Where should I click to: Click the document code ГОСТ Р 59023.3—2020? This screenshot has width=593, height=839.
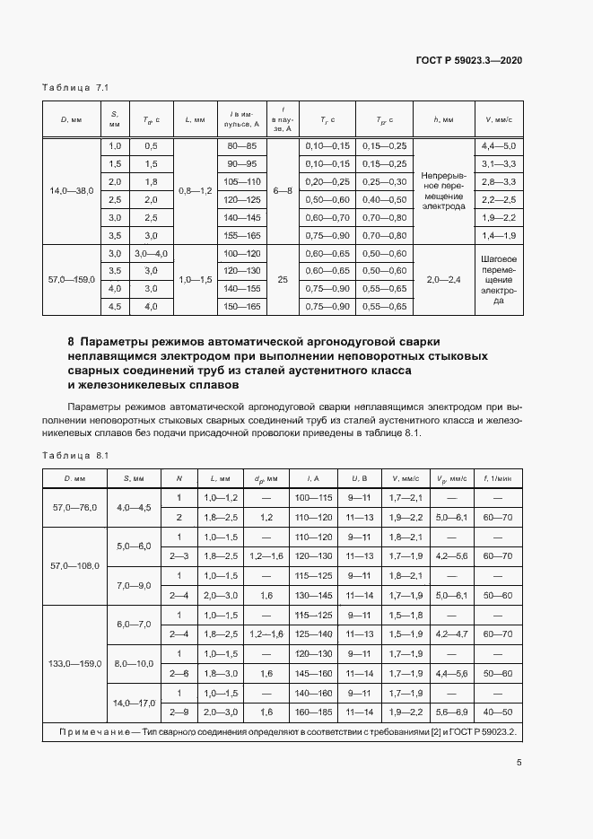point(469,60)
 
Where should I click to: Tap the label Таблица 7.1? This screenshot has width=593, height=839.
point(75,88)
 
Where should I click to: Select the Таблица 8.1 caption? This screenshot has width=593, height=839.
point(75,455)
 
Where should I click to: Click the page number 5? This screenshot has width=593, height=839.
point(519,763)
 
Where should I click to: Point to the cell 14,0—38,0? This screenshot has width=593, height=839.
point(71,190)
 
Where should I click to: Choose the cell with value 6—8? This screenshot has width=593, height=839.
point(283,190)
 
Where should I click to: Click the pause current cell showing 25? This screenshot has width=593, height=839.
point(283,280)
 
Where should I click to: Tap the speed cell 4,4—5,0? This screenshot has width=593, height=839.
point(499,145)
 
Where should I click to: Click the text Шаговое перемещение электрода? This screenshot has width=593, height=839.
point(499,280)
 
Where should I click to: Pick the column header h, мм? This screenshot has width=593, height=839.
point(443,118)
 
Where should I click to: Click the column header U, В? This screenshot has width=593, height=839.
point(360,477)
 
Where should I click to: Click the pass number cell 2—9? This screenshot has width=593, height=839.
point(179,712)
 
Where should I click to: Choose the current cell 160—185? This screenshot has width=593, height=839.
point(314,712)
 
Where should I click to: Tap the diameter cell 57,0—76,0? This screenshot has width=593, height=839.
point(74,507)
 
